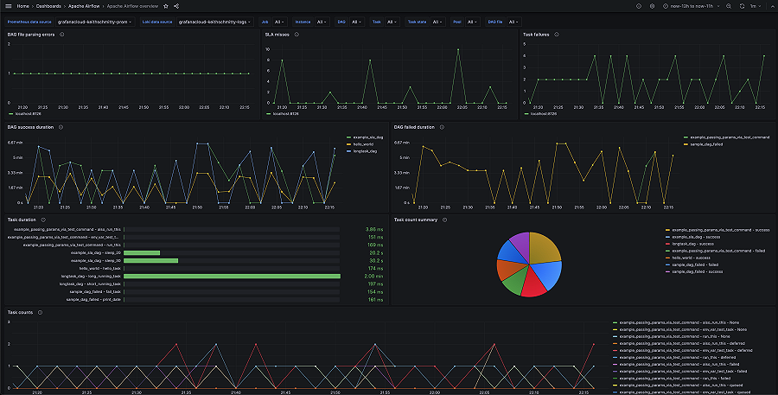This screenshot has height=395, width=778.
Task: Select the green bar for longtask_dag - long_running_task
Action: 232,276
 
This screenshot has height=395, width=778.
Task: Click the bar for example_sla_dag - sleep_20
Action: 142,252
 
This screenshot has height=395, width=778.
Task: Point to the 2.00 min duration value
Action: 373,276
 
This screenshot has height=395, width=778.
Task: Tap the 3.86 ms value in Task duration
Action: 373,229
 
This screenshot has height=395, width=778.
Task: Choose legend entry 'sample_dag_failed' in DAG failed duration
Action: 708,144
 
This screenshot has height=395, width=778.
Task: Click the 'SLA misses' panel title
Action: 277,35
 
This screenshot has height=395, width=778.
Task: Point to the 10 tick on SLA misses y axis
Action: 268,48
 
